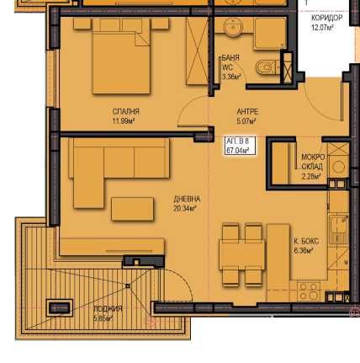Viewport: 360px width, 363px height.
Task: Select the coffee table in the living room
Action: tap(133, 207)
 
